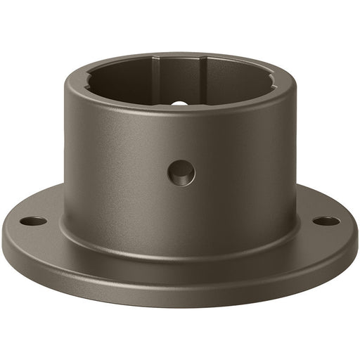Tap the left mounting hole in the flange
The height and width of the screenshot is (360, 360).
point(33,221)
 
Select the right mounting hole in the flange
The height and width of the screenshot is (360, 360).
point(326,221)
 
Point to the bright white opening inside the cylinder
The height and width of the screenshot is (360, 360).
point(180,103)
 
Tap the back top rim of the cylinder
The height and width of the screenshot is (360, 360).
point(180,54)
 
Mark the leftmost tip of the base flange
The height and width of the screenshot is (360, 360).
point(3,243)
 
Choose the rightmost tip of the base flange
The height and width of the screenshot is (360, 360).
point(356,243)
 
